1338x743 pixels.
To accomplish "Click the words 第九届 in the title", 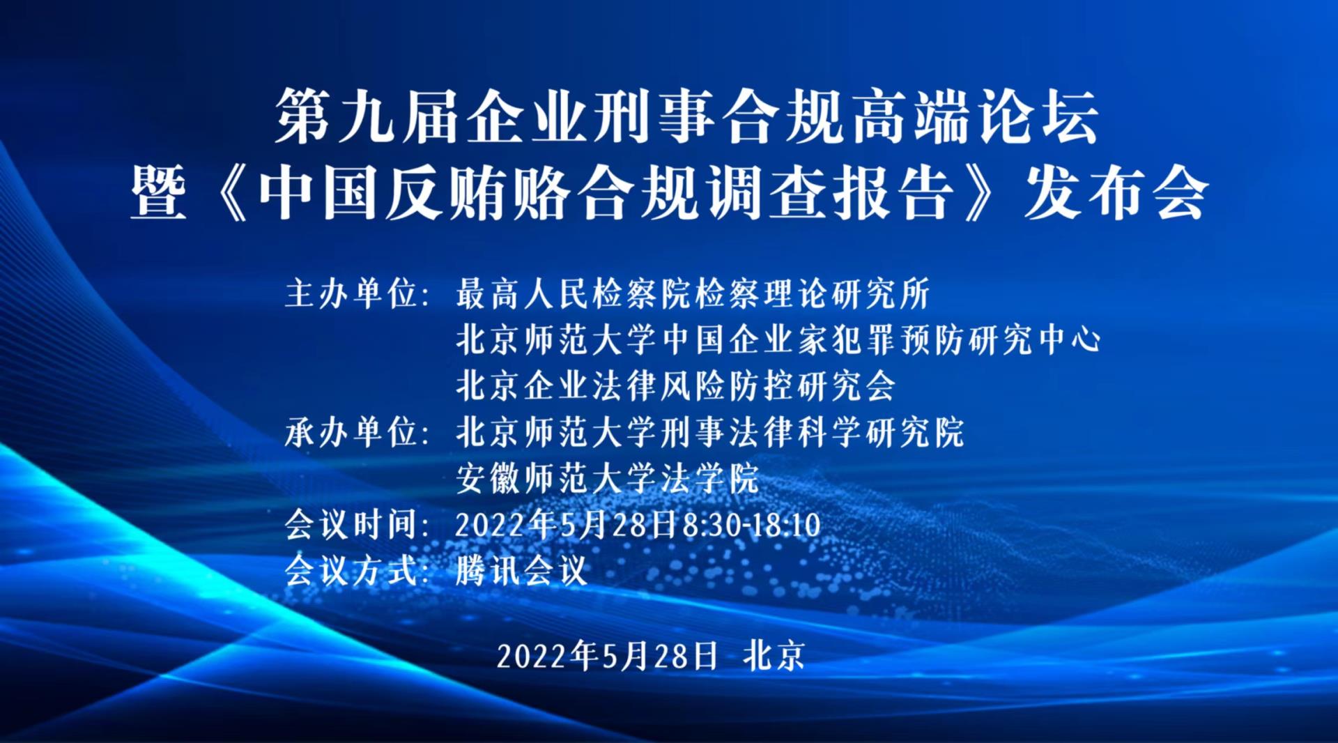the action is pyautogui.click(x=370, y=116).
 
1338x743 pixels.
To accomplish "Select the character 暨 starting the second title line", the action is pyautogui.click(x=159, y=193).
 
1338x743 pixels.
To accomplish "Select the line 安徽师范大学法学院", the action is pyautogui.click(x=608, y=478).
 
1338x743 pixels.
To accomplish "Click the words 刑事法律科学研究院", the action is pyautogui.click(x=813, y=432).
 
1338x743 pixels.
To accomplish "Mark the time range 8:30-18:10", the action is pyautogui.click(x=751, y=525).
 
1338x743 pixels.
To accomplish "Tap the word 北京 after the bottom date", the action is pyautogui.click(x=774, y=656).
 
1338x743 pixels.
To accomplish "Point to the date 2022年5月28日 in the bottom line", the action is pyautogui.click(x=607, y=656).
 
